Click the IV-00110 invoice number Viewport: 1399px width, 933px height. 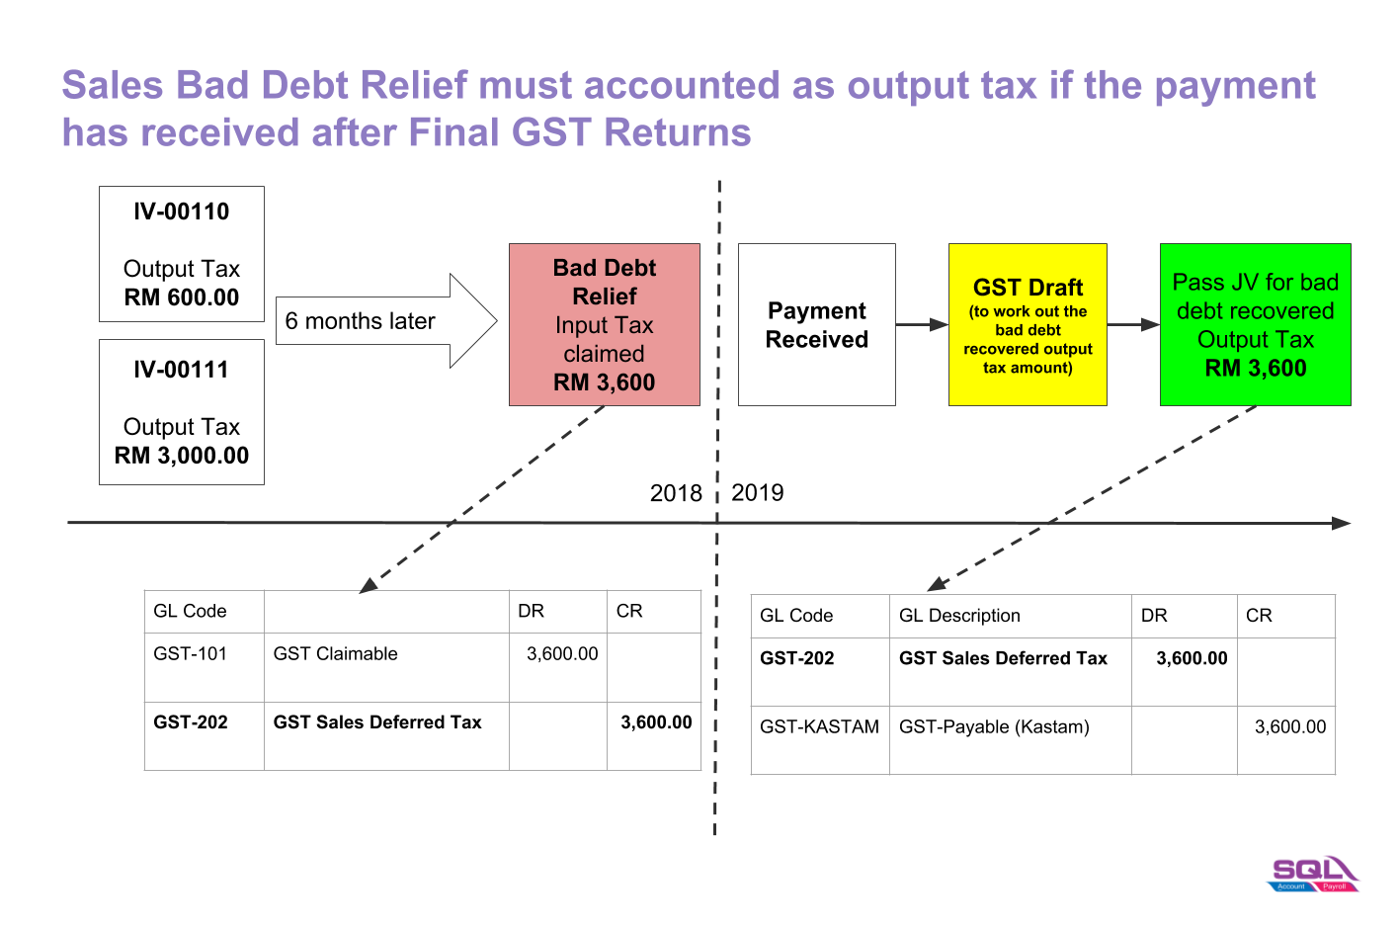(x=181, y=212)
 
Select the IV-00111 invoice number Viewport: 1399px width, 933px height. (x=181, y=370)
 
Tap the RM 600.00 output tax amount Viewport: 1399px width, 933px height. (x=181, y=297)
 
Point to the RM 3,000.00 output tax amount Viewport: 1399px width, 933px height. (x=181, y=456)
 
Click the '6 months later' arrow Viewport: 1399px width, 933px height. (x=386, y=320)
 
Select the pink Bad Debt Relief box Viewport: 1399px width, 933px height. (x=604, y=324)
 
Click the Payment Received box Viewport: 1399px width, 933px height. (x=817, y=324)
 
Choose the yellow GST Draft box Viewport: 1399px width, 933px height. (x=1028, y=324)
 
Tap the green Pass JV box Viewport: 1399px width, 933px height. (x=1256, y=324)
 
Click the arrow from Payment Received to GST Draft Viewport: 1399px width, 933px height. (x=922, y=324)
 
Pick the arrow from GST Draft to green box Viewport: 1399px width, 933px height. (x=1133, y=324)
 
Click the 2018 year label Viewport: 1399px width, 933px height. (x=676, y=494)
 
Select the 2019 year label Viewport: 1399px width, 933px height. (x=758, y=493)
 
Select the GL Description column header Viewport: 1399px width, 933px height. (x=959, y=616)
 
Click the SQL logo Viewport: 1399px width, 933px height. (x=1313, y=874)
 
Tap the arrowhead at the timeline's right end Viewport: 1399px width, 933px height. (x=1342, y=523)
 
